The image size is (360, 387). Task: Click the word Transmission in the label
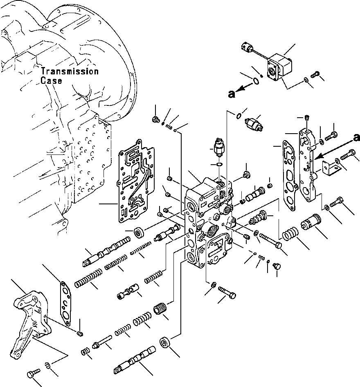[x=70, y=72]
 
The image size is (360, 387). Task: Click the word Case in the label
[x=51, y=81]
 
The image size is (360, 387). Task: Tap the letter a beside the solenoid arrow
[x=232, y=94]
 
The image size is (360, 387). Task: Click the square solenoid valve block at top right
[x=281, y=69]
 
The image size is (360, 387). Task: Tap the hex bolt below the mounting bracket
[x=32, y=373]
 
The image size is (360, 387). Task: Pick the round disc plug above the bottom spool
[x=166, y=343]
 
